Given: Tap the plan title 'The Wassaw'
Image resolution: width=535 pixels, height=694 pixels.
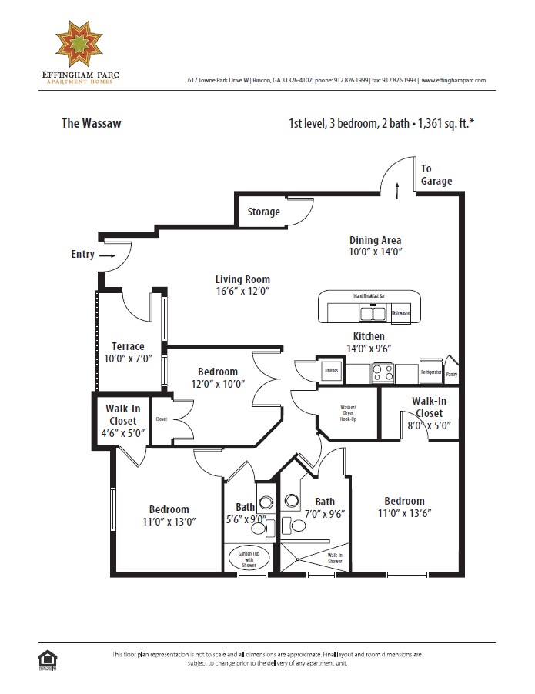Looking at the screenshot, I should click(91, 122).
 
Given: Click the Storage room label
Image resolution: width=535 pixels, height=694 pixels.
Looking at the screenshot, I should click(263, 212).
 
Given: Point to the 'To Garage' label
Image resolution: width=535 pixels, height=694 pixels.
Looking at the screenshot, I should click(436, 175).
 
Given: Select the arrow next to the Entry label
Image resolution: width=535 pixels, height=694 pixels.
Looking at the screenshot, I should click(106, 255).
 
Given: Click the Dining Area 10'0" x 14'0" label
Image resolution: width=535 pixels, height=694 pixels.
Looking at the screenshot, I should click(375, 245).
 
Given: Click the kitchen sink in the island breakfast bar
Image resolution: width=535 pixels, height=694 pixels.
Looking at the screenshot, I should click(374, 312).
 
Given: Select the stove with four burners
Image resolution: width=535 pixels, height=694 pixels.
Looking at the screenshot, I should click(383, 372).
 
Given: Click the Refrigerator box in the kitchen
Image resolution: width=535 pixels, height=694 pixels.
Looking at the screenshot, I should click(431, 372).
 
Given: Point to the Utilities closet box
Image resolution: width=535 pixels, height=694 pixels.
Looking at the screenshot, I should click(332, 370).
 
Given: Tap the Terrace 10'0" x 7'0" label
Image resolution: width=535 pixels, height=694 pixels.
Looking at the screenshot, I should click(128, 352).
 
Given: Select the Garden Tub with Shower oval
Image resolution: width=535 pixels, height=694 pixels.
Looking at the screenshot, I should click(246, 557).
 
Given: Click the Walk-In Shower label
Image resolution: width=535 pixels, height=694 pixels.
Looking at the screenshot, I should click(335, 557).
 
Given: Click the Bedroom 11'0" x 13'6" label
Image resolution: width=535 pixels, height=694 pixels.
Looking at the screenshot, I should click(404, 507).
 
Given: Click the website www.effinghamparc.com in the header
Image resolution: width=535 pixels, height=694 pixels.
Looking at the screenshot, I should click(454, 80).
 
